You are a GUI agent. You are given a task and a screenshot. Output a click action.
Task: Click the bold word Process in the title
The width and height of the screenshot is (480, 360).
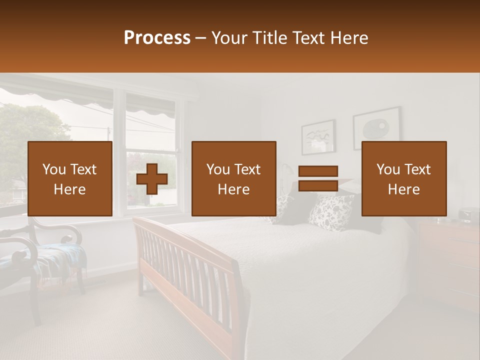(x=157, y=38)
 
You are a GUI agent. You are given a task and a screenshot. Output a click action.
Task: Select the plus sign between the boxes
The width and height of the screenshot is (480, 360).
(x=152, y=178)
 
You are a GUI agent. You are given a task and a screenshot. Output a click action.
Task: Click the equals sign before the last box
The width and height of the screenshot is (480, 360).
(x=318, y=178)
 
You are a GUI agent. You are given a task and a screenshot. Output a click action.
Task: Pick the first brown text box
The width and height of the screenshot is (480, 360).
(x=70, y=178)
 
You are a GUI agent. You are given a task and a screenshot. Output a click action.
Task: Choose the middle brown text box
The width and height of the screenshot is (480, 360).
(x=234, y=178)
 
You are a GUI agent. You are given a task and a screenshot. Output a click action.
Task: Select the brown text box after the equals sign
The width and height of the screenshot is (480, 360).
(x=404, y=178)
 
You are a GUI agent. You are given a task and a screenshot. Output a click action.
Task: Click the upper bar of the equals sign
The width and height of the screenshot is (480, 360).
(x=318, y=171)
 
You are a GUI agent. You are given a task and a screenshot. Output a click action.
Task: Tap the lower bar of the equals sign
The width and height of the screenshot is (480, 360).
(x=318, y=186)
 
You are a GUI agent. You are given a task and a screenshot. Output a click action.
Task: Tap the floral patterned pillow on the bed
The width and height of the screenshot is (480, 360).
(x=331, y=212)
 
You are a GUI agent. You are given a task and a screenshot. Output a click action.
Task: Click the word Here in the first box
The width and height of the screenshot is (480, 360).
(x=70, y=189)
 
